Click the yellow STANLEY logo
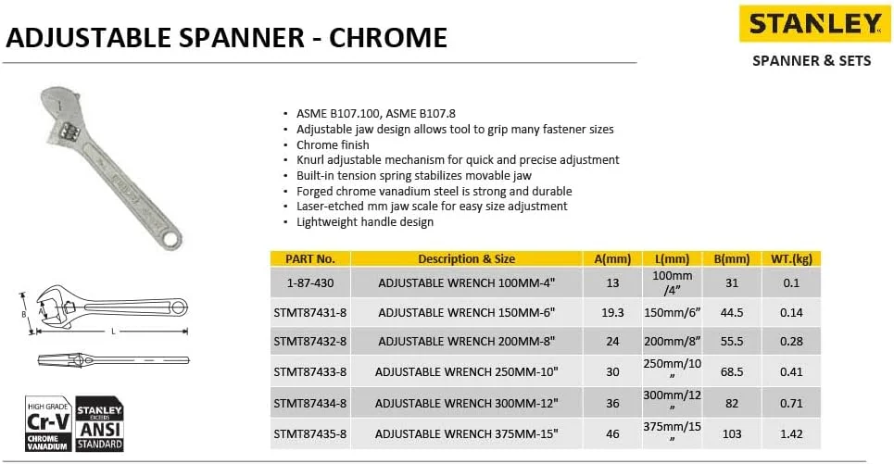(x=814, y=24)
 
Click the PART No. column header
(x=310, y=259)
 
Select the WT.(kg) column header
(x=790, y=259)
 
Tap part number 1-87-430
(x=310, y=282)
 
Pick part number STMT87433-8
(x=310, y=372)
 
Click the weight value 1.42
(x=790, y=433)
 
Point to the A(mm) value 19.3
(x=612, y=312)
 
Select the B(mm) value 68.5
(x=731, y=372)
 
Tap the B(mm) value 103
(x=731, y=433)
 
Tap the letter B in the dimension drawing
(x=24, y=313)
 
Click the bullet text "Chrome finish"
(x=333, y=144)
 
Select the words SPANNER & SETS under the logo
(x=812, y=61)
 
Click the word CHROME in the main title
(x=389, y=38)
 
